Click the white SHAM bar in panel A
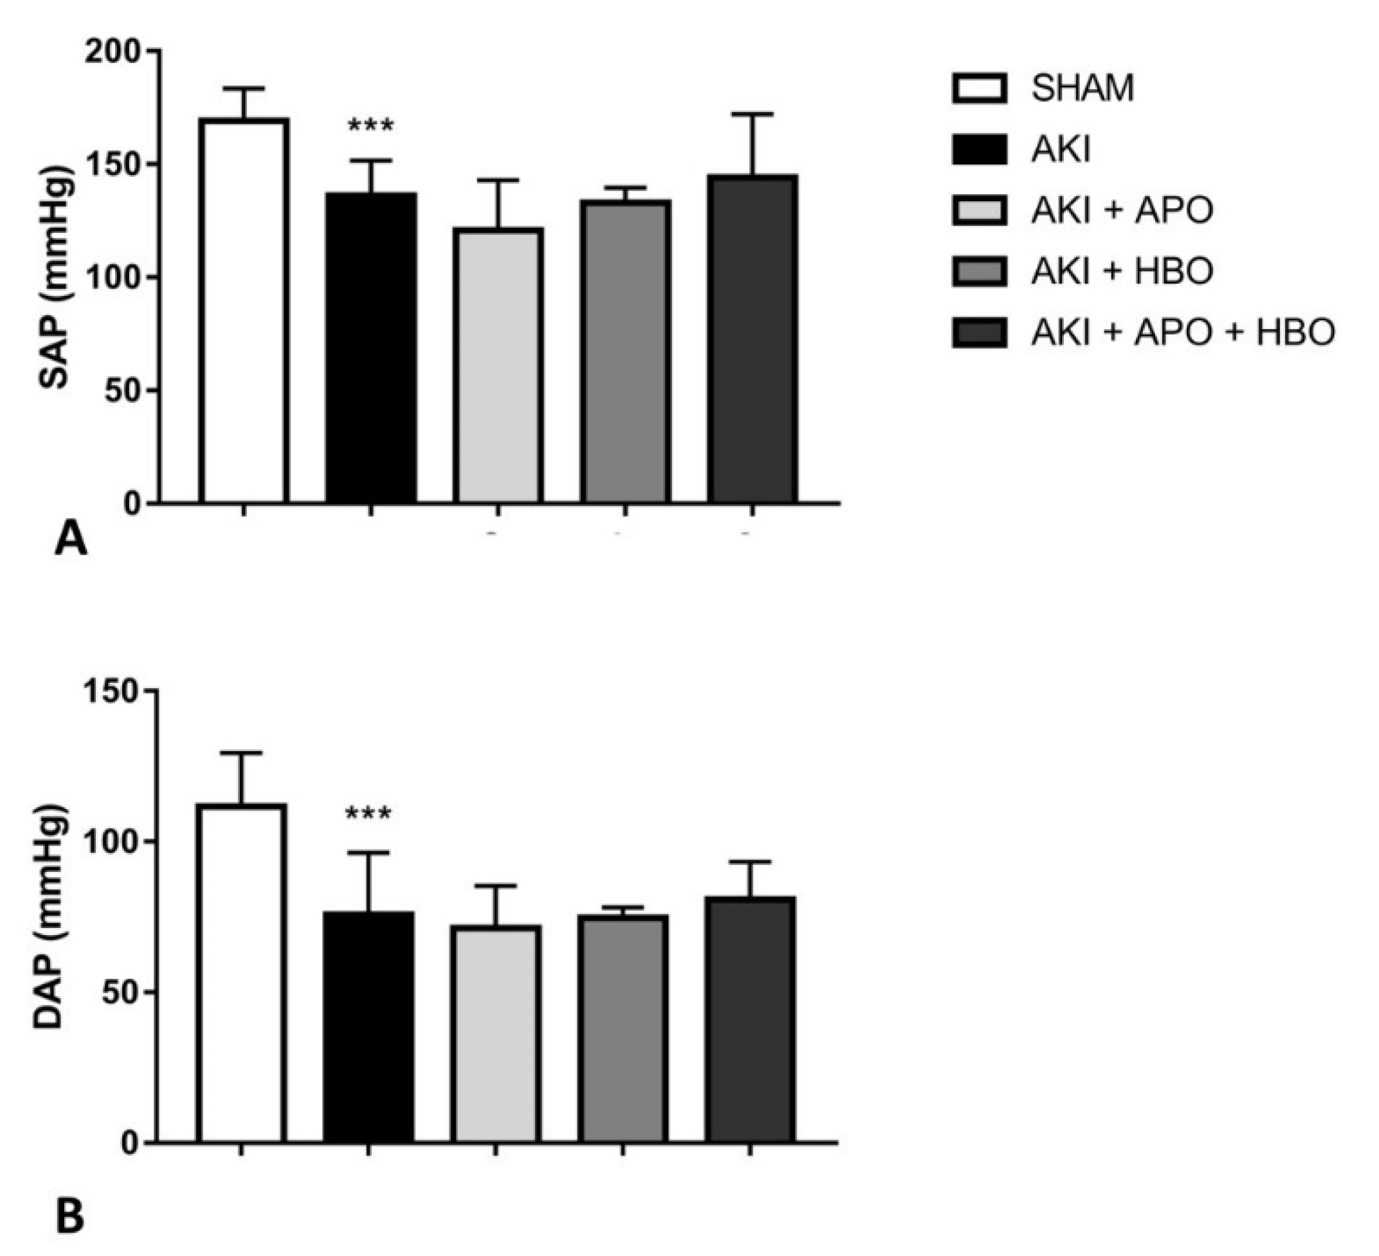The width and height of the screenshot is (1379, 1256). pos(244,311)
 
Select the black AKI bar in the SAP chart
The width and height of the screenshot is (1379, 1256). pos(370,348)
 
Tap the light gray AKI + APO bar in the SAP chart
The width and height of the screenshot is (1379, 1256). pos(498,366)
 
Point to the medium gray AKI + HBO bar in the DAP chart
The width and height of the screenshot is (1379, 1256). pos(623,1030)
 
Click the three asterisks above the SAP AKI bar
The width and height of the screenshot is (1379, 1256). pos(370,127)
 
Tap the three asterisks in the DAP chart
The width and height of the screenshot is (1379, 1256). pos(368,814)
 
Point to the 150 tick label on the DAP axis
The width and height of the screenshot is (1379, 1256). pos(112,691)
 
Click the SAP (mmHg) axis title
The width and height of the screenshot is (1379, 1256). pos(55,277)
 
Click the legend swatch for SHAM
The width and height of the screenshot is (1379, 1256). pos(980,89)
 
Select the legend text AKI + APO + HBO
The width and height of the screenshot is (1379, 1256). pos(1183,333)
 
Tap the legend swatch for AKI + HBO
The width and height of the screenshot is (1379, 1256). pos(980,271)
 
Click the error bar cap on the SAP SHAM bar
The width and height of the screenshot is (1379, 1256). pos(244,88)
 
